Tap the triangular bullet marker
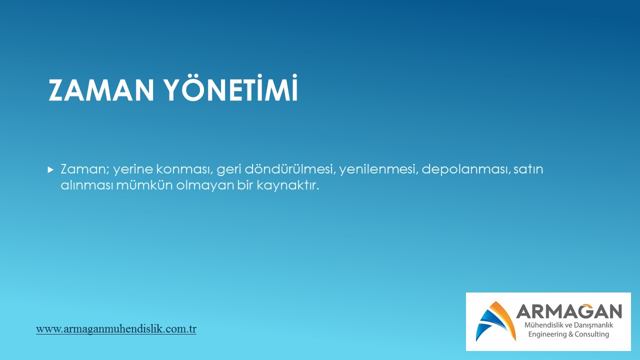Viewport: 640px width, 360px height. click(x=50, y=170)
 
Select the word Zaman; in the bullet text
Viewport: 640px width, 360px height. click(x=85, y=169)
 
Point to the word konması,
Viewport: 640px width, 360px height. click(x=184, y=169)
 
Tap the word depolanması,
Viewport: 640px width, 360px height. click(x=465, y=169)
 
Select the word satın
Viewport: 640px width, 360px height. click(x=528, y=169)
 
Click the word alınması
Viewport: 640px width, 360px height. click(x=86, y=185)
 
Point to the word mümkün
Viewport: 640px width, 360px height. click(x=144, y=185)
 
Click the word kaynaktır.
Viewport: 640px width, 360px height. click(x=287, y=185)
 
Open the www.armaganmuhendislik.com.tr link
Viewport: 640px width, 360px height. click(x=116, y=329)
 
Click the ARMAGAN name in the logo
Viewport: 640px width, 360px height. click(x=569, y=311)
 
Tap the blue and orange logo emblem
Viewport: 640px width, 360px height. click(x=495, y=321)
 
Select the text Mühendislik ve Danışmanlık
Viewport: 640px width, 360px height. click(x=568, y=325)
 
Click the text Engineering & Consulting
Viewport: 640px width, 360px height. click(x=568, y=334)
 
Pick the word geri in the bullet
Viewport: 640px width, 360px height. click(x=229, y=169)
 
